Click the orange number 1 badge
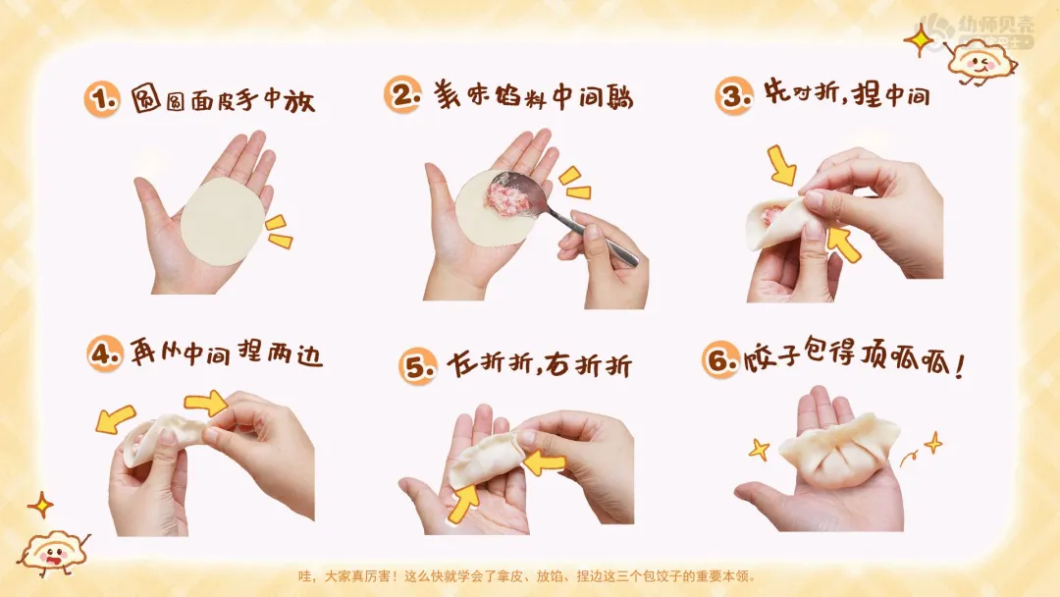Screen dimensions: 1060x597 (102, 99)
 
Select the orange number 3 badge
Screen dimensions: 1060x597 (733, 96)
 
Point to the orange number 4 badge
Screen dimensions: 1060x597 (105, 353)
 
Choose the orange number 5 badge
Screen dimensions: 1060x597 (418, 367)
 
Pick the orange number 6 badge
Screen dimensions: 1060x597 (720, 360)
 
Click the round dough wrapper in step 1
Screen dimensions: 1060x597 (222, 222)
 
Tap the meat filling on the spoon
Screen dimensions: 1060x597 (506, 196)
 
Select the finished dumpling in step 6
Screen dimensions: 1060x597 (839, 451)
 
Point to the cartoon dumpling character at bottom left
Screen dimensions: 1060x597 (53, 553)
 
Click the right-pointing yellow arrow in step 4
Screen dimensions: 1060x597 (206, 403)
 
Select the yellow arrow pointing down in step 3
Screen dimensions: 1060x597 (782, 166)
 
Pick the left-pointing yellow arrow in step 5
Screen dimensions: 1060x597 (544, 462)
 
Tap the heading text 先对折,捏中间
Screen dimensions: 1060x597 (847, 93)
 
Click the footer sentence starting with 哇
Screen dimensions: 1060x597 (528, 576)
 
